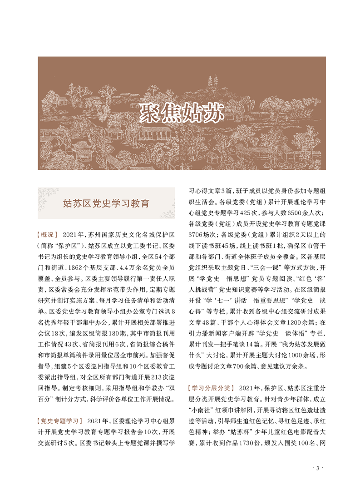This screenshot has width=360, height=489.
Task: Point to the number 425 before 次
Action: click(246, 212)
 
